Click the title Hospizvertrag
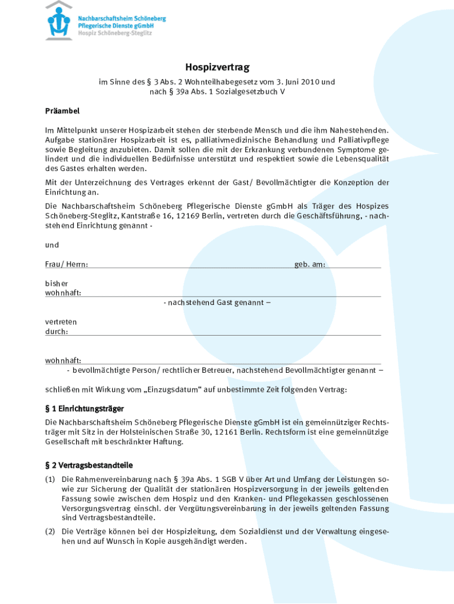pyautogui.click(x=217, y=68)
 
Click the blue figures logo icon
pyautogui.click(x=60, y=21)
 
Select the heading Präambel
pyautogui.click(x=62, y=111)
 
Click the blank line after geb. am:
pyautogui.click(x=353, y=265)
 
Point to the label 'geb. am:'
pyautogui.click(x=310, y=264)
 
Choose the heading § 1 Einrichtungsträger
pyautogui.click(x=84, y=408)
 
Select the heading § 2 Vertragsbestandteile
pyautogui.click(x=89, y=465)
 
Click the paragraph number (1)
pyautogui.click(x=51, y=480)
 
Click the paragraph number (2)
pyautogui.click(x=51, y=531)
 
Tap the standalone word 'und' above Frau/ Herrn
pyautogui.click(x=52, y=245)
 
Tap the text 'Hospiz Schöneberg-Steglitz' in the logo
pyautogui.click(x=115, y=34)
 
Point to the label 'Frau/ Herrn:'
pyautogui.click(x=67, y=264)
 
